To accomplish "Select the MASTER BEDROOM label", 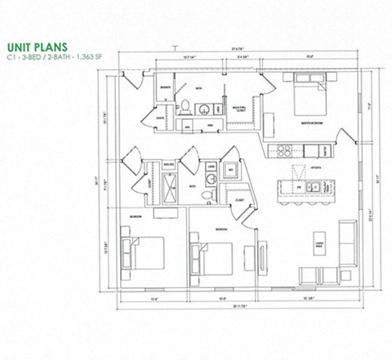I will coord(314,124).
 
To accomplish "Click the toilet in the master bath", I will coord(185,107).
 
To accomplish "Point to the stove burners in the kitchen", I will coord(285,149).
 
